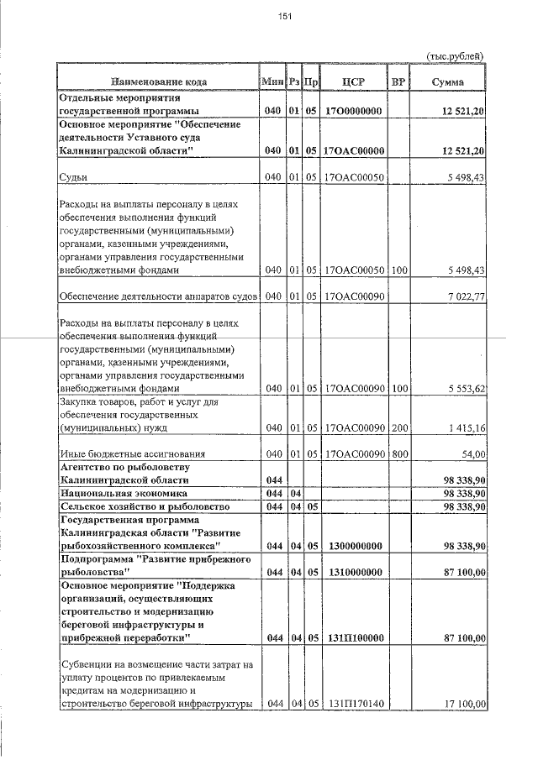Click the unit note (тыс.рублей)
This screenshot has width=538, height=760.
click(456, 56)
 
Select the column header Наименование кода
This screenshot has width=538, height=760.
click(158, 81)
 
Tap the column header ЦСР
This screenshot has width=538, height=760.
click(353, 81)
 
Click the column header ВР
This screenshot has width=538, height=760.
click(398, 81)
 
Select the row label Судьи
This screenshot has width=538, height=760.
click(74, 177)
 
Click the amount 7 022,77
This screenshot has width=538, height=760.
click(462, 296)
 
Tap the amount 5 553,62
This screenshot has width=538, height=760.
click(462, 390)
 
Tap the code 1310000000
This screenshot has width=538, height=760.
click(353, 573)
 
